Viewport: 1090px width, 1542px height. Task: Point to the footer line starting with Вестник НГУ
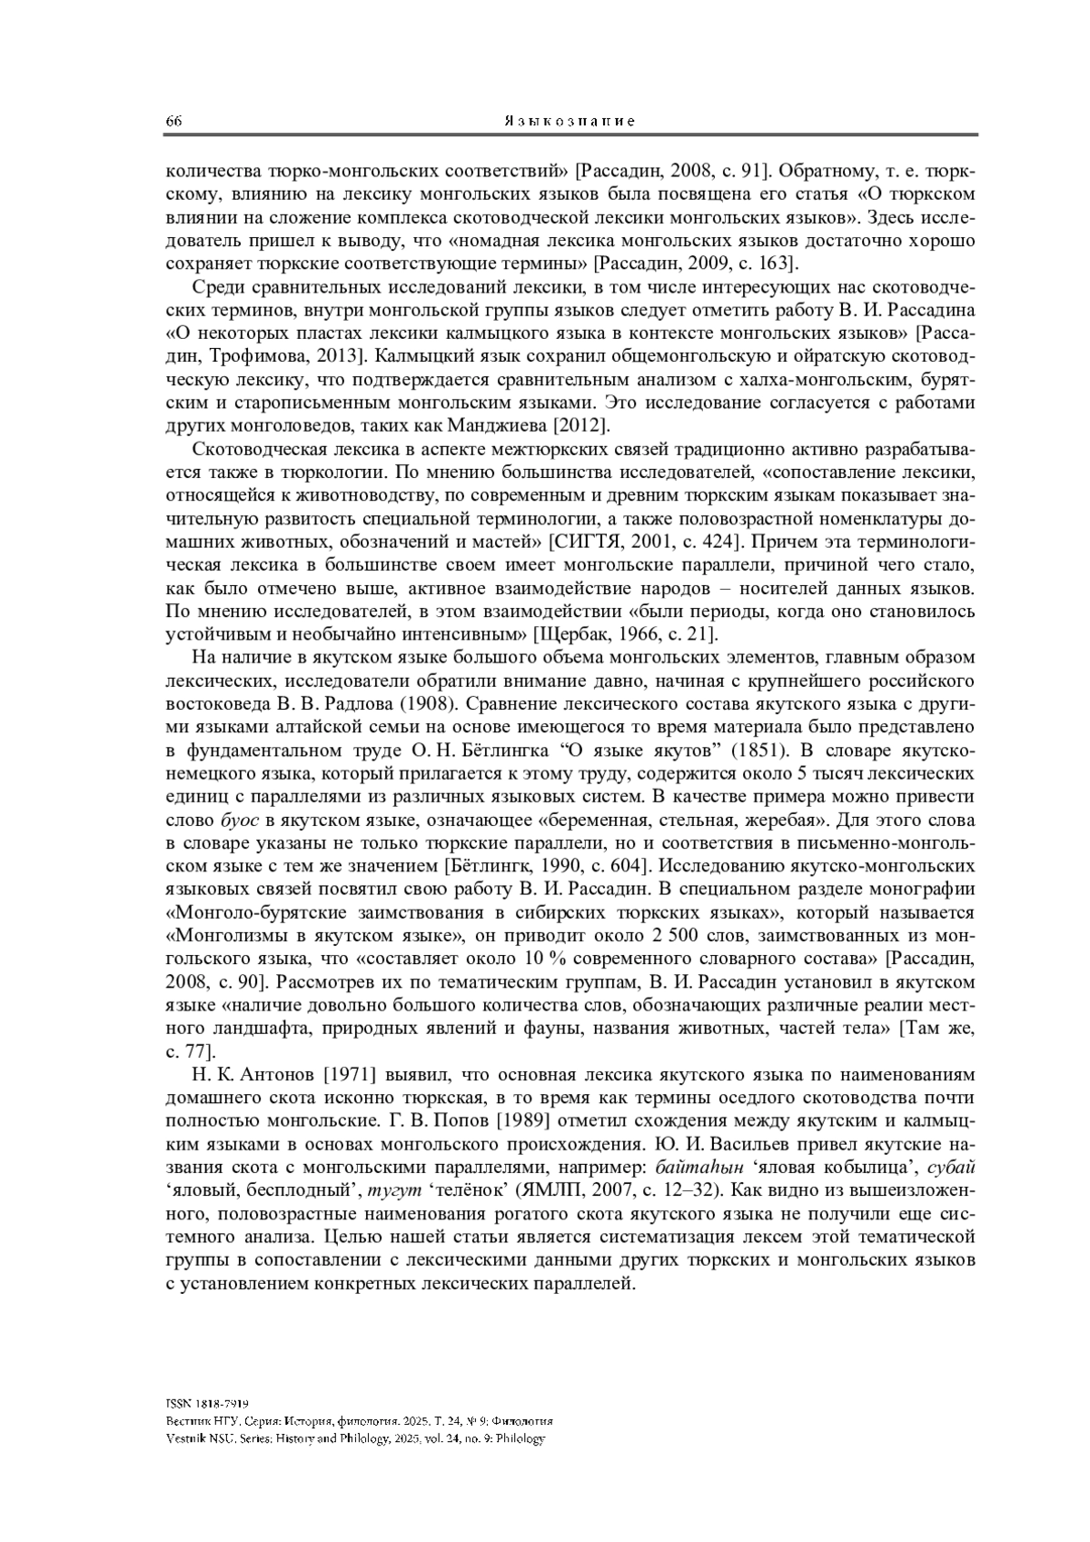point(360,1421)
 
